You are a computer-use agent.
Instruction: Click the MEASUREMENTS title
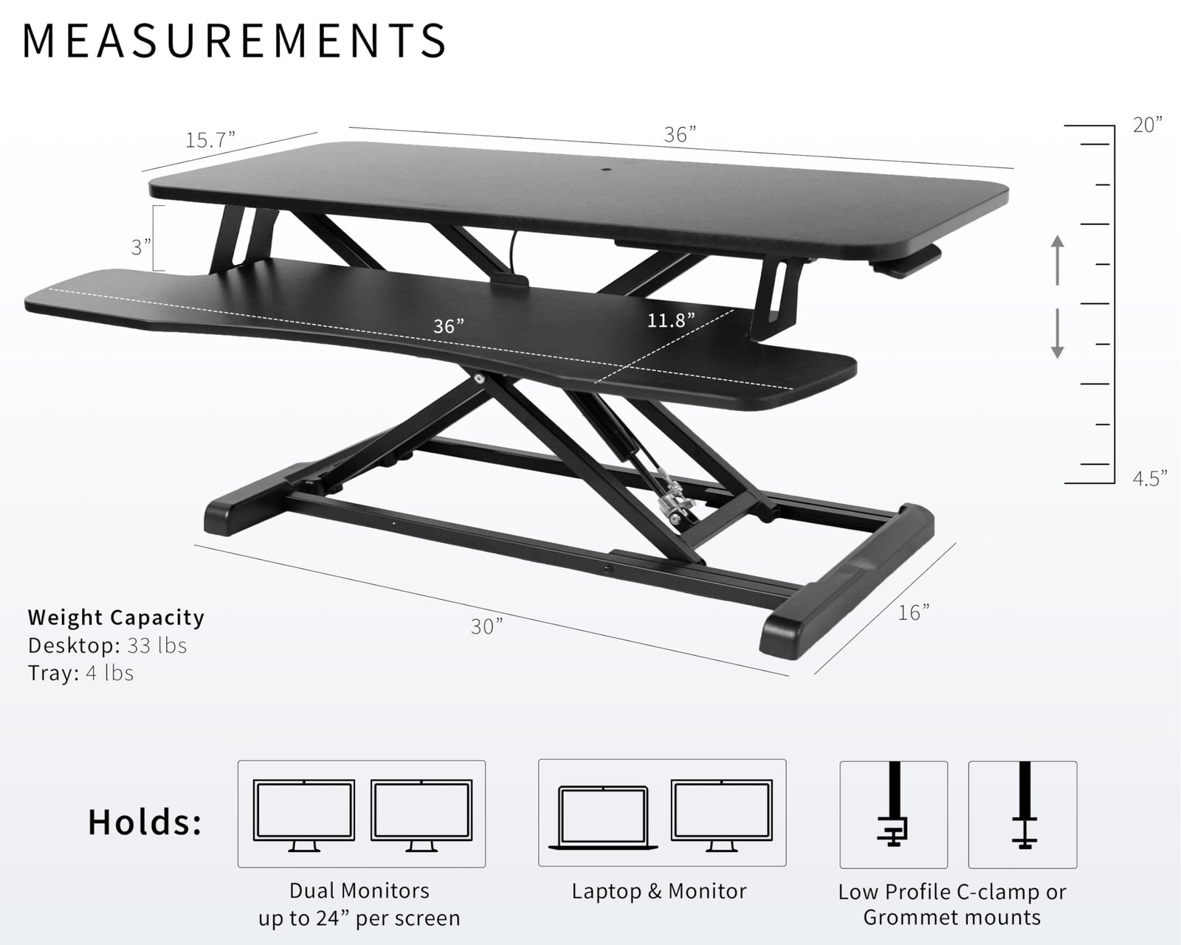pos(234,41)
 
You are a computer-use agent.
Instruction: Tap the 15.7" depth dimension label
pos(210,139)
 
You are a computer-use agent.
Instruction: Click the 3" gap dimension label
pos(140,247)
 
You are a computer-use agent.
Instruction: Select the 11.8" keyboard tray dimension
pos(671,319)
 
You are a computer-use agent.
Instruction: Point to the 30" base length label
pos(486,626)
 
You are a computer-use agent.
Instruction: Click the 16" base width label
pos(913,612)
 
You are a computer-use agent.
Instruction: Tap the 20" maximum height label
pos(1148,125)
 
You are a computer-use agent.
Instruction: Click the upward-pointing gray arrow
pos(1058,260)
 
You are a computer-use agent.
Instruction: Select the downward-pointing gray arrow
pos(1058,333)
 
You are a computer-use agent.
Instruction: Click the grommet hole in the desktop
pos(607,170)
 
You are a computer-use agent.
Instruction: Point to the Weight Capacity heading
pos(116,617)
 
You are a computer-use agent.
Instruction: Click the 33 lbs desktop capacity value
pos(157,645)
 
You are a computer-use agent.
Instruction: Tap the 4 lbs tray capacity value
pos(110,672)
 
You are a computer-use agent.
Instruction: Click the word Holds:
pos(145,822)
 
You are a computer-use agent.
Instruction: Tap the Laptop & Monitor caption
pos(659,891)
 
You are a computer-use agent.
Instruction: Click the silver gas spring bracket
pos(675,504)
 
